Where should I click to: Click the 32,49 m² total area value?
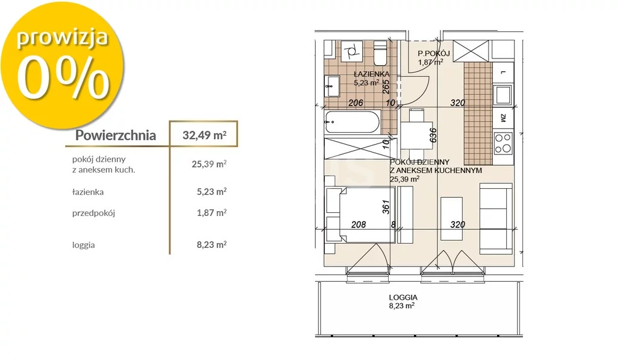(204, 135)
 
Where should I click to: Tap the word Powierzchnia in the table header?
(116, 135)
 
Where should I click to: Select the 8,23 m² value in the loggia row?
(211, 245)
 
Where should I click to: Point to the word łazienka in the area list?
(88, 192)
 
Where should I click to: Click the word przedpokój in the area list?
(93, 213)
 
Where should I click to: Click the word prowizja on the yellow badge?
(62, 39)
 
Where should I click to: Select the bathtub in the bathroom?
(352, 122)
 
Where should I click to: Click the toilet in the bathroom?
(380, 53)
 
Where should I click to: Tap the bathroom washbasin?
(333, 86)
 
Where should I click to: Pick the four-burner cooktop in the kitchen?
(503, 144)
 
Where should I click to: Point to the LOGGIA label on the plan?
(403, 298)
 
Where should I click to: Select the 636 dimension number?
(433, 136)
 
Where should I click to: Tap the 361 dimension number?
(386, 207)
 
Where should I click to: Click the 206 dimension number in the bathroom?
(356, 103)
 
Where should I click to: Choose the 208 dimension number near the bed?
(359, 224)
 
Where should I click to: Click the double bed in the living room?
(360, 215)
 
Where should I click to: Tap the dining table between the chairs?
(416, 135)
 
